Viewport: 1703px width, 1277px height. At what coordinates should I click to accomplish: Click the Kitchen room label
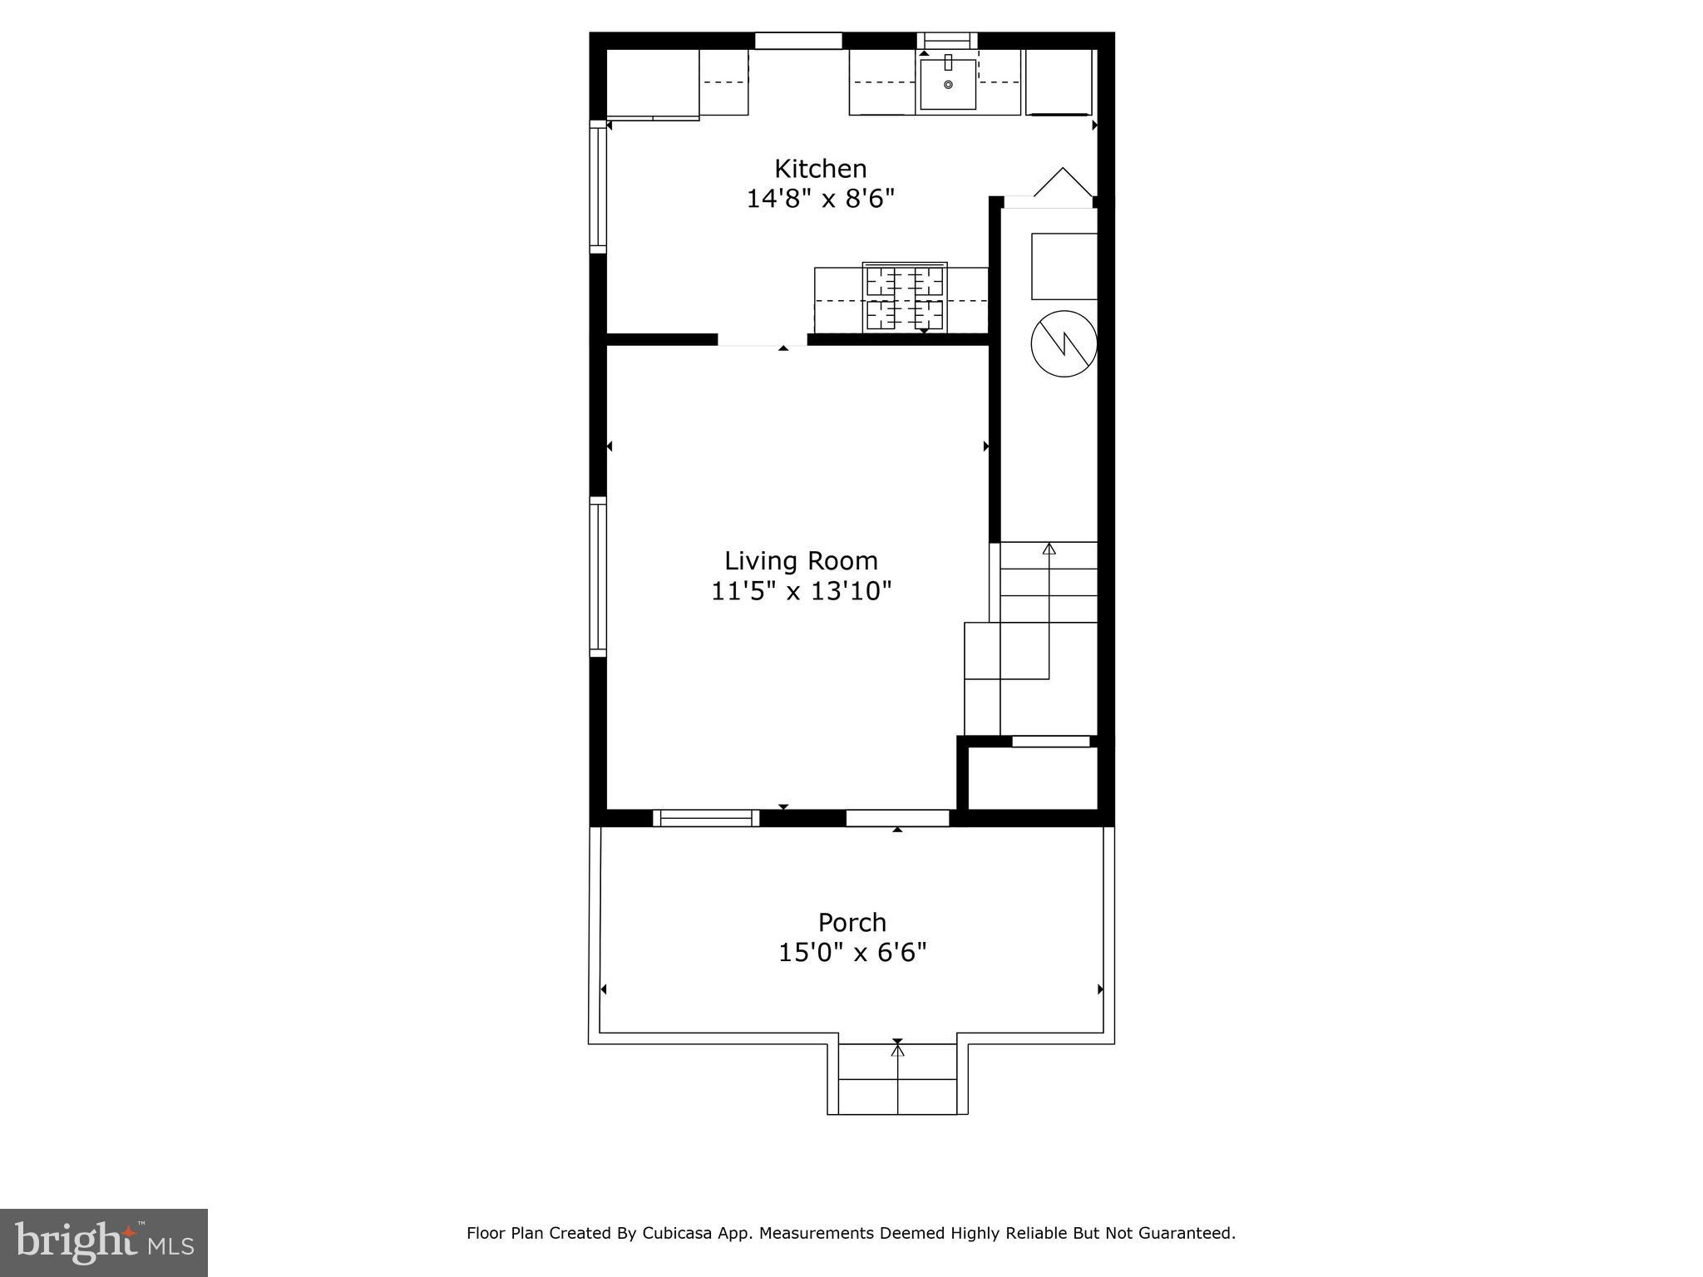(820, 169)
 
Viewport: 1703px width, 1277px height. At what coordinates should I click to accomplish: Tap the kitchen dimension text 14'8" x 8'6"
(820, 200)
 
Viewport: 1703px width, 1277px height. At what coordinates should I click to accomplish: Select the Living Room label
(801, 560)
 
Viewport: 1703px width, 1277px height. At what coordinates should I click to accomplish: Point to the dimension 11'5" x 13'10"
(801, 591)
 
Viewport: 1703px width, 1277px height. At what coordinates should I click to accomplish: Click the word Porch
(851, 922)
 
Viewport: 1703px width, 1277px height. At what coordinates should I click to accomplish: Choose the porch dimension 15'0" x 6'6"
(851, 952)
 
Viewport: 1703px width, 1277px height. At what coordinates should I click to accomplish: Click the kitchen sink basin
(947, 84)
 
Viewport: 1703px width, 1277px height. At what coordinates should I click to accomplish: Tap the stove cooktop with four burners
(905, 298)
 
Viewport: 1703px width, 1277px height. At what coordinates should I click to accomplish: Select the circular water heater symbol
(1064, 343)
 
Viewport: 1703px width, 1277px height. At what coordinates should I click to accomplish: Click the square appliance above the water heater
(1064, 266)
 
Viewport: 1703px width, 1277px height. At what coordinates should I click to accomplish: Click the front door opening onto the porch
(897, 818)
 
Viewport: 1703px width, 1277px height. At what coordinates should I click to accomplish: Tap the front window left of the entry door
(706, 818)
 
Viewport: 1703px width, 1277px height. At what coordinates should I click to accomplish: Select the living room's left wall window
(598, 576)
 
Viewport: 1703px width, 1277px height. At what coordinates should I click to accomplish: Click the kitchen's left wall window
(598, 186)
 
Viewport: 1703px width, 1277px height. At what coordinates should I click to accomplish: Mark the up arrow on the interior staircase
(1049, 550)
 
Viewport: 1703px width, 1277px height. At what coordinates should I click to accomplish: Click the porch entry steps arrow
(897, 1053)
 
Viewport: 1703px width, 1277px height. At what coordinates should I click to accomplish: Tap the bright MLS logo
(103, 1242)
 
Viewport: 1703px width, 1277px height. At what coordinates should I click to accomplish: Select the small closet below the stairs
(1032, 777)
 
